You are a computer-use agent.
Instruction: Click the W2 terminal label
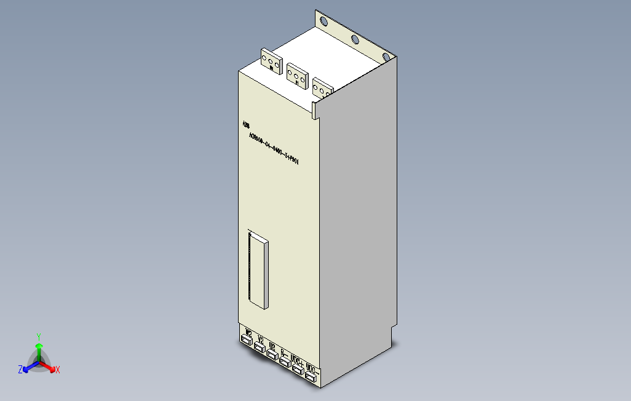click(x=248, y=335)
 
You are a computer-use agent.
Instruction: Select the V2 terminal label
click(x=261, y=339)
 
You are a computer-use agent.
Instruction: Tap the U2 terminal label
click(x=272, y=346)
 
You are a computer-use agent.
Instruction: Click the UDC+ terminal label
click(x=296, y=359)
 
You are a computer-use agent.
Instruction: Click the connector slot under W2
click(x=247, y=343)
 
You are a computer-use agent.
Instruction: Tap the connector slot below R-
click(x=284, y=362)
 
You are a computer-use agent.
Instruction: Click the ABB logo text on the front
click(x=247, y=125)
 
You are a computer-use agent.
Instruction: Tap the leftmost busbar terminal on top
click(x=271, y=61)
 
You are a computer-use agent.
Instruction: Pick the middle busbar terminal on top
click(x=298, y=74)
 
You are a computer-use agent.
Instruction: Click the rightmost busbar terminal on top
click(x=322, y=89)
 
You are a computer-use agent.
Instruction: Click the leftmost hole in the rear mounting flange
click(x=323, y=22)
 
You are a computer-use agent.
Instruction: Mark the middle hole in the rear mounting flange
click(x=355, y=41)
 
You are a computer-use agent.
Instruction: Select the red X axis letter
click(x=58, y=370)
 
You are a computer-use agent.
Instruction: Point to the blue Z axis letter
click(x=20, y=370)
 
